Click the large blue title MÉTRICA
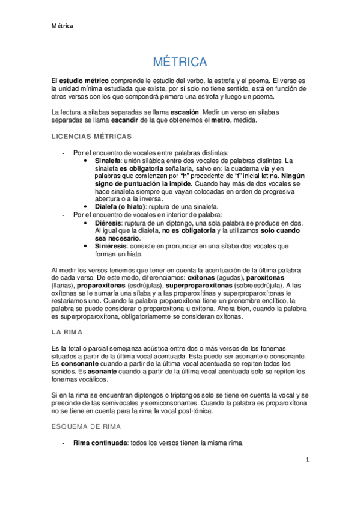[x=180, y=62]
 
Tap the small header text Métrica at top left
[x=62, y=26]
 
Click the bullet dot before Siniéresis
[x=89, y=245]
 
